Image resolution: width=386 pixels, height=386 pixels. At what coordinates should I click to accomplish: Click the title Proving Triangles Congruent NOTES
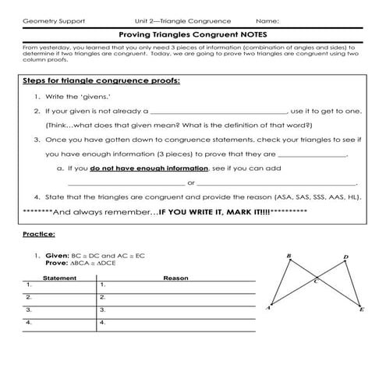pos(193,34)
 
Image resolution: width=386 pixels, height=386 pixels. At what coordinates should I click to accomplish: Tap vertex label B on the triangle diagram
pos(289,256)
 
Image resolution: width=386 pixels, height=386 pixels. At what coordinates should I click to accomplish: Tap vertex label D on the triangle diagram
pos(345,257)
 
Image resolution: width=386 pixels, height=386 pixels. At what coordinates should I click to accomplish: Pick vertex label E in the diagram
pos(361,310)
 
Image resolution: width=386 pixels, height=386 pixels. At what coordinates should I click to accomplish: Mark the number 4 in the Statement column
pos(29,321)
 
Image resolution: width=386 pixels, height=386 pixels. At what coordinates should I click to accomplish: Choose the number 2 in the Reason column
pos(102,297)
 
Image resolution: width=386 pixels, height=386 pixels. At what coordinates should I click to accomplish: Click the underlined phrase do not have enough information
pos(149,168)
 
